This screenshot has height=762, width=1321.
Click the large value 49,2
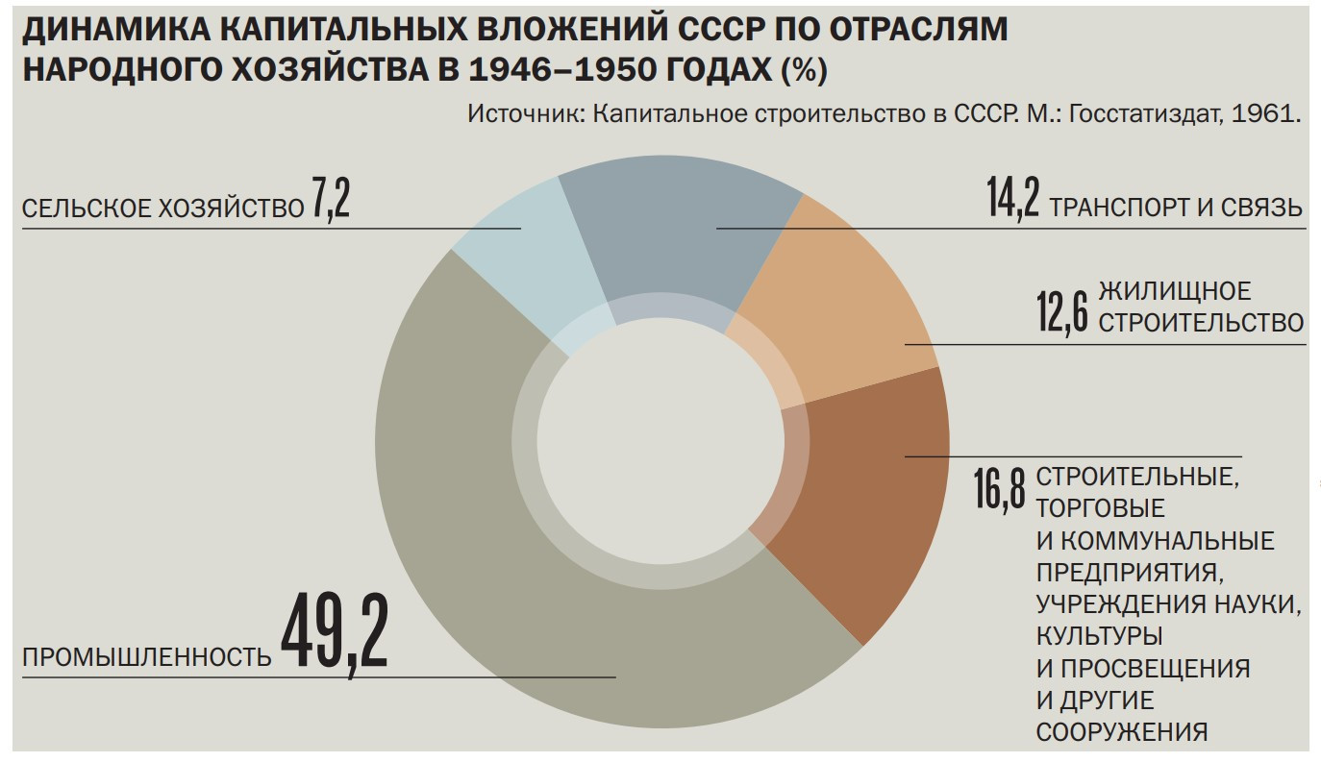click(x=334, y=631)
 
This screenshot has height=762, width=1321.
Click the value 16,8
click(x=1000, y=489)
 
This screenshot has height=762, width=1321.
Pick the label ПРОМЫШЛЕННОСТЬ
click(x=147, y=657)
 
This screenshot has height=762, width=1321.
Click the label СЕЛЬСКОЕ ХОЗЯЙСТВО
click(x=162, y=209)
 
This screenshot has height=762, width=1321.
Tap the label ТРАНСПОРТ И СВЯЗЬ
click(x=1177, y=208)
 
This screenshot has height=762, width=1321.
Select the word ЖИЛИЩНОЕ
click(x=1175, y=290)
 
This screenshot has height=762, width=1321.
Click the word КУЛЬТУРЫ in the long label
click(x=1100, y=636)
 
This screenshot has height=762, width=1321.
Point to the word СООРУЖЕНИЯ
click(x=1122, y=731)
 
